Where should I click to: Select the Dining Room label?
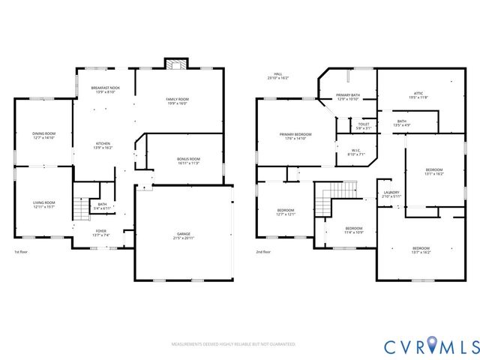tap(43, 136)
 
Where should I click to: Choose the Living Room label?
tap(43, 204)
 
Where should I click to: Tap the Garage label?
tap(183, 236)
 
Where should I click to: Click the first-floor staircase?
tap(81, 206)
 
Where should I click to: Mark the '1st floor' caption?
tap(22, 252)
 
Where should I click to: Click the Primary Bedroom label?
tap(295, 136)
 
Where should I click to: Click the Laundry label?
tap(391, 194)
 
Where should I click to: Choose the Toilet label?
tap(364, 126)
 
